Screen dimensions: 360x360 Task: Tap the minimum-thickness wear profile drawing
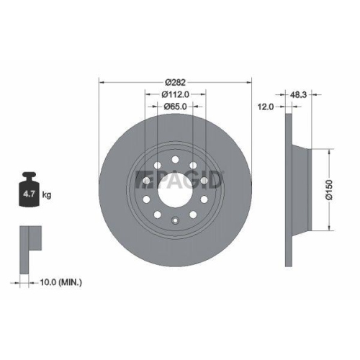[x=29, y=241]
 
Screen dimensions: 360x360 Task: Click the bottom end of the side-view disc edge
[x=289, y=256]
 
